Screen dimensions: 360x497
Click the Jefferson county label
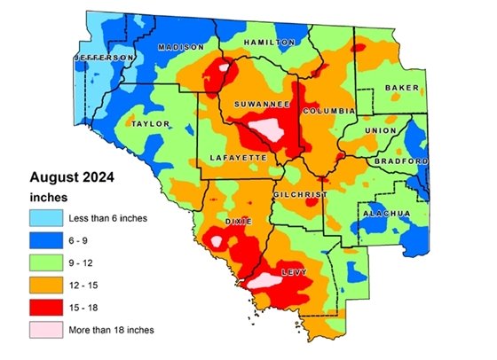(104, 58)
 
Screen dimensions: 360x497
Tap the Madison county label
(176, 47)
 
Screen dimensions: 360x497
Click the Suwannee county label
(262, 105)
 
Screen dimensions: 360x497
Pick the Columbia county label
(329, 111)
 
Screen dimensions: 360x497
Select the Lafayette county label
(237, 156)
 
